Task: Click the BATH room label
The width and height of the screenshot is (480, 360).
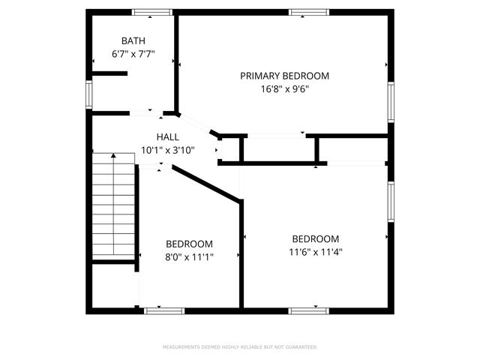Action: pyautogui.click(x=133, y=40)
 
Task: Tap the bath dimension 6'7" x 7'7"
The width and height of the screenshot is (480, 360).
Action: pyautogui.click(x=133, y=54)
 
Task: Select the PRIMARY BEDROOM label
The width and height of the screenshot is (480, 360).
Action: pyautogui.click(x=284, y=76)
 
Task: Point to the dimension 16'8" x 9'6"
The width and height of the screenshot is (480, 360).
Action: pyautogui.click(x=284, y=88)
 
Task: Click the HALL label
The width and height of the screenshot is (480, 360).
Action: pyautogui.click(x=168, y=136)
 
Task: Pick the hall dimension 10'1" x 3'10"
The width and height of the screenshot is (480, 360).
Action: pyautogui.click(x=168, y=150)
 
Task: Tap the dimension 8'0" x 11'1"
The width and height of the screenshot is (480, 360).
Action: pyautogui.click(x=189, y=257)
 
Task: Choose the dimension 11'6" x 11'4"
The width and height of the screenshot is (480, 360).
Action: pyautogui.click(x=316, y=252)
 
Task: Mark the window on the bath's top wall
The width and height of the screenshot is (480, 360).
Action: pyautogui.click(x=153, y=11)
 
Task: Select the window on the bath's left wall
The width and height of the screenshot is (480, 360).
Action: pyautogui.click(x=88, y=94)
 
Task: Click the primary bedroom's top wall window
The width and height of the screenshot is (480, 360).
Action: pyautogui.click(x=309, y=11)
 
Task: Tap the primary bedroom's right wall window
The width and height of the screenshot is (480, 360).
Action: pyautogui.click(x=391, y=101)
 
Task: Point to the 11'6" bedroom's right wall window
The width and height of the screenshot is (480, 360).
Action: pyautogui.click(x=391, y=202)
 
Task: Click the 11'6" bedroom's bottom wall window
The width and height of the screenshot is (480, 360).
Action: pyautogui.click(x=309, y=310)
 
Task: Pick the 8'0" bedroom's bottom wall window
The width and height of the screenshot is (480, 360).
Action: pyautogui.click(x=164, y=310)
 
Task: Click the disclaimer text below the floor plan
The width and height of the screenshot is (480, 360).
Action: pyautogui.click(x=240, y=347)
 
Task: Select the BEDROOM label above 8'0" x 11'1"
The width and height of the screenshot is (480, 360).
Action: pyautogui.click(x=189, y=244)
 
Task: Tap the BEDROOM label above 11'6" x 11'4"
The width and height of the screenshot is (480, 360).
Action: pyautogui.click(x=316, y=238)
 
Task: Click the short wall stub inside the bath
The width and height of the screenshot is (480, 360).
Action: pyautogui.click(x=109, y=73)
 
